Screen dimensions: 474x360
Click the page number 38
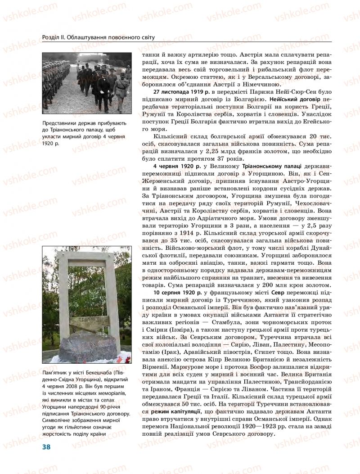[x=46, y=447]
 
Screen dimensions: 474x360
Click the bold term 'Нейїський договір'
[x=296, y=99]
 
